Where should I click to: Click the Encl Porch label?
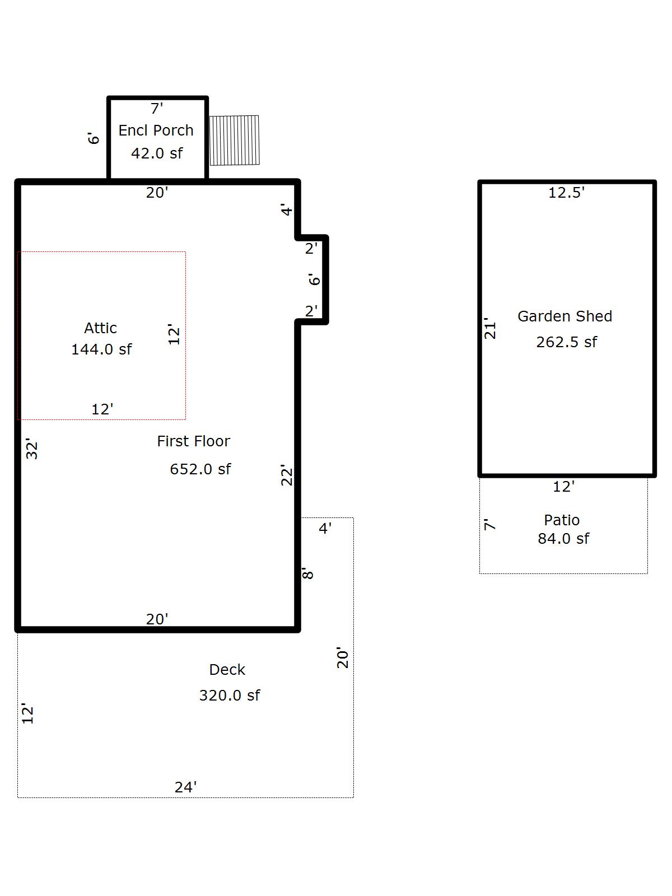pyautogui.click(x=156, y=130)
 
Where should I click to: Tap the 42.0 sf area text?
pyautogui.click(x=157, y=153)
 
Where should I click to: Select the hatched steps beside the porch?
pyautogui.click(x=234, y=141)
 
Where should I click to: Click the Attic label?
pyautogui.click(x=100, y=328)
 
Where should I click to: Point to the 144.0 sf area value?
pyautogui.click(x=101, y=349)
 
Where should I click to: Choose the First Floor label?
pyautogui.click(x=193, y=441)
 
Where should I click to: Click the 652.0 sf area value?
pyautogui.click(x=200, y=469)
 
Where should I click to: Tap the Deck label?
pyautogui.click(x=227, y=669)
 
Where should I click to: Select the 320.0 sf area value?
pyautogui.click(x=229, y=695)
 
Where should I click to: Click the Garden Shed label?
pyautogui.click(x=564, y=316)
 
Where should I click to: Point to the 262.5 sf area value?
pyautogui.click(x=566, y=342)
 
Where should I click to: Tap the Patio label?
pyautogui.click(x=562, y=520)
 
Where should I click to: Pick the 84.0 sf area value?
pyautogui.click(x=563, y=538)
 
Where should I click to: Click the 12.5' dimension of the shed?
pyautogui.click(x=566, y=192)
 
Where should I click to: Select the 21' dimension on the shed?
pyautogui.click(x=489, y=328)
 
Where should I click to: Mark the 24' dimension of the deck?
pyautogui.click(x=186, y=787)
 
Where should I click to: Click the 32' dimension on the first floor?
pyautogui.click(x=31, y=449)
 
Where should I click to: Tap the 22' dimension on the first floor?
pyautogui.click(x=286, y=475)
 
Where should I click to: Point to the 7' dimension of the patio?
pyautogui.click(x=489, y=525)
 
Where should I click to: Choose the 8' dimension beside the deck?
pyautogui.click(x=307, y=573)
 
